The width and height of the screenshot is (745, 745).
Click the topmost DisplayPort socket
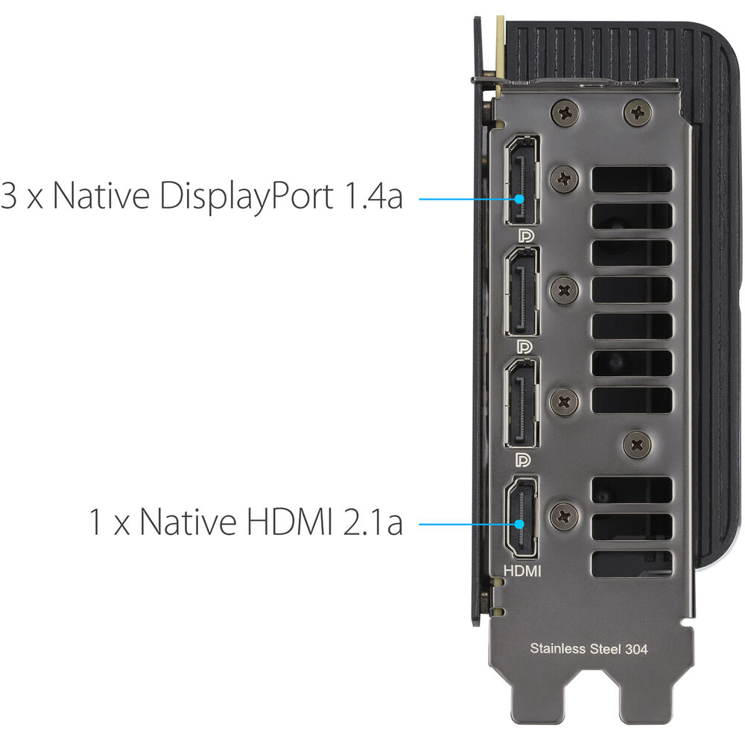click(522, 180)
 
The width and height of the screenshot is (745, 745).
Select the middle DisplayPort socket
click(522, 292)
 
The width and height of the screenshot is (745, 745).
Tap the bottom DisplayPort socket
click(522, 403)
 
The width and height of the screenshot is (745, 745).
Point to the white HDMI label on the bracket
click(522, 571)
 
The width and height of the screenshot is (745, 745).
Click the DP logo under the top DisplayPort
click(525, 236)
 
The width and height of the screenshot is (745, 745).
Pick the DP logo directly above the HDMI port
click(524, 460)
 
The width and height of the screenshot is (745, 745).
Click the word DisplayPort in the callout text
click(246, 196)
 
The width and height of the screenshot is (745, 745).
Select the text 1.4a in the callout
click(373, 195)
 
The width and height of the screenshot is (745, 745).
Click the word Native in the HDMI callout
click(188, 521)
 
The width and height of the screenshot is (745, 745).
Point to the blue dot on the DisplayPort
click(519, 199)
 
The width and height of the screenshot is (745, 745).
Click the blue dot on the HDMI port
click(519, 524)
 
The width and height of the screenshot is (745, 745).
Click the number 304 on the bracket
click(635, 649)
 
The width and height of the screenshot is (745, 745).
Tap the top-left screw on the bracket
click(565, 113)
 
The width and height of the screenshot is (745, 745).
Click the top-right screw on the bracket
click(637, 113)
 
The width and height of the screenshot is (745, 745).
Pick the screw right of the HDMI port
click(564, 516)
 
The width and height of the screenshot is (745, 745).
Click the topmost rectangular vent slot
click(632, 180)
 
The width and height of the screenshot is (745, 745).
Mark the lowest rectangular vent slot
click(632, 564)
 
